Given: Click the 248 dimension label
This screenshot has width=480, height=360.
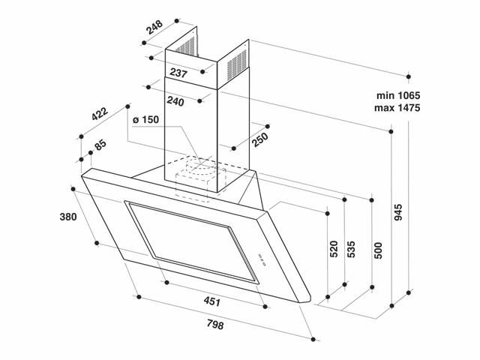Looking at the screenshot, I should [x=154, y=28].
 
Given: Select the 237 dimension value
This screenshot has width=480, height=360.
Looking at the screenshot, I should [x=178, y=73].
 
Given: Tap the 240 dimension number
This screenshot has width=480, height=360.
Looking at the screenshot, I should [x=176, y=101].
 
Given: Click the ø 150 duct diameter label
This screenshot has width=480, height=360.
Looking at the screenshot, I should [x=145, y=121].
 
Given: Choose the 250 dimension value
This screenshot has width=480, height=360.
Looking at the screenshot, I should [x=259, y=140].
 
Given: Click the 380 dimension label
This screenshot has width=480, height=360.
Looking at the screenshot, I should [x=68, y=218].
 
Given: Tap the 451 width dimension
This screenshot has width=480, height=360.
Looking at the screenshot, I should [x=212, y=302].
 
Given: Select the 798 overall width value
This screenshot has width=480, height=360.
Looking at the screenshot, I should [x=214, y=325].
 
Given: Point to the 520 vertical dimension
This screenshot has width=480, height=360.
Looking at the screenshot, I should [x=334, y=249].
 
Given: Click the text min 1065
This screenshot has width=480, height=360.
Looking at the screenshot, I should [x=397, y=95].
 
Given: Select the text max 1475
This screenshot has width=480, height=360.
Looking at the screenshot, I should [x=397, y=109].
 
